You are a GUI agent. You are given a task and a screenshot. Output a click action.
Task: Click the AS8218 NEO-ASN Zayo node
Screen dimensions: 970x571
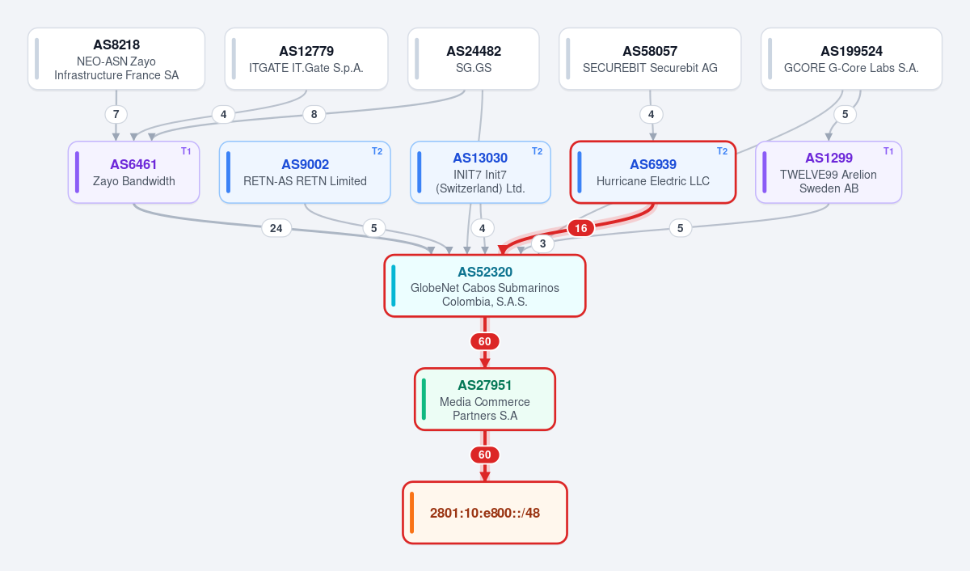[116, 59]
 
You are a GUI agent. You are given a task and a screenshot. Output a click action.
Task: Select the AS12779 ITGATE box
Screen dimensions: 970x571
[306, 59]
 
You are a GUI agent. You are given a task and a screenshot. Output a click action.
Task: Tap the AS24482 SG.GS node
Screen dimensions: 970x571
[474, 59]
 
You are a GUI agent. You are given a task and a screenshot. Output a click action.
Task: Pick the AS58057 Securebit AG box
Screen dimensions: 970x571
[650, 59]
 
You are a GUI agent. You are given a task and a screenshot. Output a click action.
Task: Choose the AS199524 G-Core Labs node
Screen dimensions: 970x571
[851, 59]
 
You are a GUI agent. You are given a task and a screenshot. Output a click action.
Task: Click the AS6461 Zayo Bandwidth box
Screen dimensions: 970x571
[134, 172]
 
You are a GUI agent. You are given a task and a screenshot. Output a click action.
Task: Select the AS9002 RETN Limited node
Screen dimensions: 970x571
[305, 172]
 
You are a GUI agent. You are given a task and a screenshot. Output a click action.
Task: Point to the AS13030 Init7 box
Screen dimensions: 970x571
[480, 172]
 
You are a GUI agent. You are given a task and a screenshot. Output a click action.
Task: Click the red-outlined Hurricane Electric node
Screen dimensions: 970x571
[653, 172]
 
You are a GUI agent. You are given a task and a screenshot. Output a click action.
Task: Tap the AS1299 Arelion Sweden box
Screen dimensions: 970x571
[829, 172]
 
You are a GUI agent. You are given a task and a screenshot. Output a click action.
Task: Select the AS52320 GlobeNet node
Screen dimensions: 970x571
[485, 285]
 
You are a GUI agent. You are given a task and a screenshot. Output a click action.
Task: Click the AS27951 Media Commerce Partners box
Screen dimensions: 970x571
[485, 399]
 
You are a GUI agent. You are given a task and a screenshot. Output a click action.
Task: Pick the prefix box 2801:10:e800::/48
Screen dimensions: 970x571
[485, 513]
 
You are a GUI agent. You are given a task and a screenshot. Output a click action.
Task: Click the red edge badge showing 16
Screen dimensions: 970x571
[580, 228]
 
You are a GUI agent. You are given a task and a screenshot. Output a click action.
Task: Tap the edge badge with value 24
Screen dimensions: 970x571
[276, 228]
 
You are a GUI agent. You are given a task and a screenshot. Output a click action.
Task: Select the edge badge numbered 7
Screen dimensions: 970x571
[116, 114]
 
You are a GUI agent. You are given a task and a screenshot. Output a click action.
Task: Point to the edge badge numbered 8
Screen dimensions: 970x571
[314, 114]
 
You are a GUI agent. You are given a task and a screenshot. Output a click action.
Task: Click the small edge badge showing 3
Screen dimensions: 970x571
[542, 243]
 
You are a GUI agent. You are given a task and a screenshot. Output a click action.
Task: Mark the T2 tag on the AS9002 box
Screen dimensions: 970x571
[377, 151]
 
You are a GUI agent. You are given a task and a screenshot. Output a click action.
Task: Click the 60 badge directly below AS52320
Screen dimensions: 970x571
[484, 341]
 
